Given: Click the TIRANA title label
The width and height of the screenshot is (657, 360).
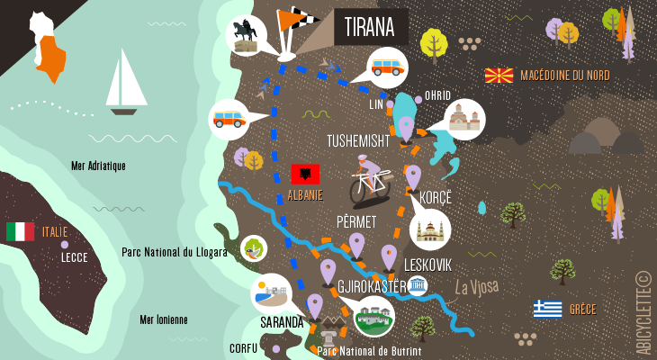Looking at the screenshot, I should tap(370, 26).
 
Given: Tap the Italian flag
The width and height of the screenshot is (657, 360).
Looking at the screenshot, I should tap(20, 231).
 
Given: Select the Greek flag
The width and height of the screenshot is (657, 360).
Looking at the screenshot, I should tap(547, 310).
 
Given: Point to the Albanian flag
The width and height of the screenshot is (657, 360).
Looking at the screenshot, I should tap(305, 175).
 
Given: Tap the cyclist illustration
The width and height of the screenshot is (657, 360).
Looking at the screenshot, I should tap(370, 180).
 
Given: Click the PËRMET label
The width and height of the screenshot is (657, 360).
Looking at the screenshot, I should tap(355, 220).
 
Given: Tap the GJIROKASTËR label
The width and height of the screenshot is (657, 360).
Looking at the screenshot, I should tap(372, 287).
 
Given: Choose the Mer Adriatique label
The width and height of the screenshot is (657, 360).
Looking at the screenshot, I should tap(98, 166).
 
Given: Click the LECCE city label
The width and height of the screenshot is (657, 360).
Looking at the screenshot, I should tap(74, 256).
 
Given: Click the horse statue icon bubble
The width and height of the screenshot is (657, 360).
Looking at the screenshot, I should tap(246, 36).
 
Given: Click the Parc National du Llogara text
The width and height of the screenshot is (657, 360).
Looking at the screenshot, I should tap(175, 253).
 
